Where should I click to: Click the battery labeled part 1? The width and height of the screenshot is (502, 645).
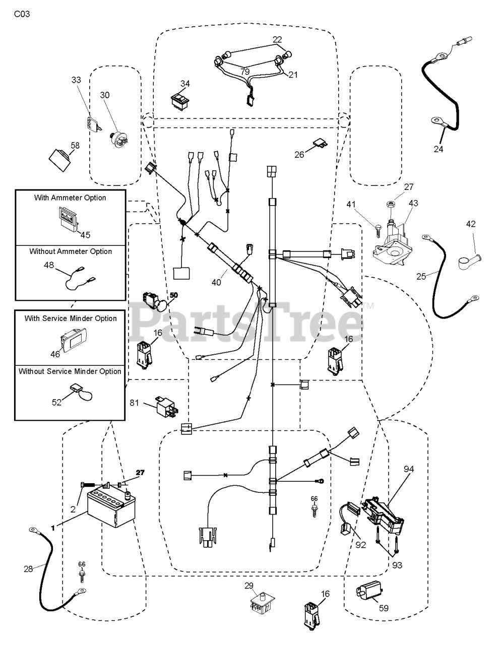(111, 509)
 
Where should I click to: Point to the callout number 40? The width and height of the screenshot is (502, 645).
(216, 282)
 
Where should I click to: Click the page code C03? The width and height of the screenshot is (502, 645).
(22, 14)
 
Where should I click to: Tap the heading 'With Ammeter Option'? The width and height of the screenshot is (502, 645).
(70, 198)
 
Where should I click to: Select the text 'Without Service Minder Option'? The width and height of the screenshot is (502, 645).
(70, 371)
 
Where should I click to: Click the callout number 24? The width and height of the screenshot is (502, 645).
(438, 149)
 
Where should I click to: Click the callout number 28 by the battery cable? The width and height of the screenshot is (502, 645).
(28, 569)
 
